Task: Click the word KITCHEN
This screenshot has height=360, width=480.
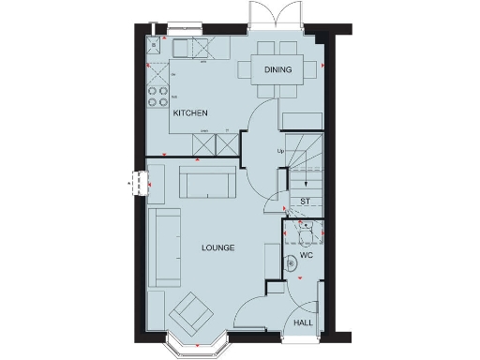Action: point(189,113)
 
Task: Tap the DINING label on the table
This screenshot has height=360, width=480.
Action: point(277,69)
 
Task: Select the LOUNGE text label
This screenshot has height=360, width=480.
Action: point(217,247)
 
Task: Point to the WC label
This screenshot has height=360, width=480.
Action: point(306,255)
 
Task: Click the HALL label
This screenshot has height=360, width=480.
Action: point(304,322)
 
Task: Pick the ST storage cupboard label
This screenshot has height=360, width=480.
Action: point(305,202)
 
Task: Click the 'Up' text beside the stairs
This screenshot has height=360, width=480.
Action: point(279,151)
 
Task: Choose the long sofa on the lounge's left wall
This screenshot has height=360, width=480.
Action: point(168,247)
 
